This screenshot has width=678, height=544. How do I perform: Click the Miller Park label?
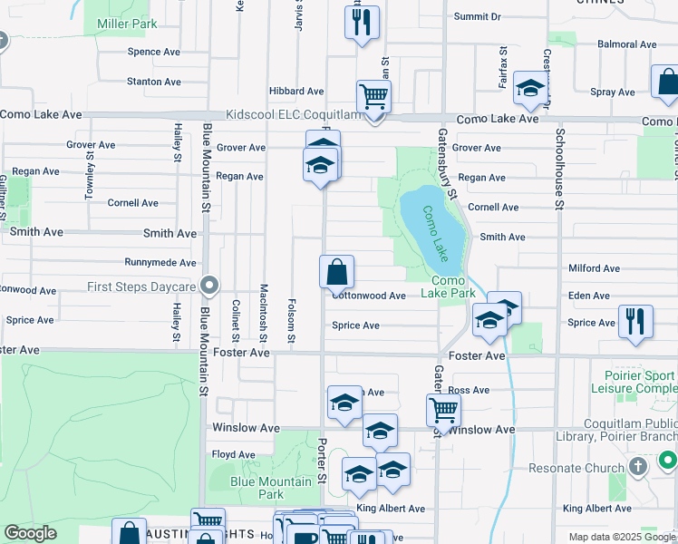coord(131,24)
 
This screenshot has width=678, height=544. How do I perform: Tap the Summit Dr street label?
coord(478,16)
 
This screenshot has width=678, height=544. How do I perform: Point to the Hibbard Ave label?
coord(295,92)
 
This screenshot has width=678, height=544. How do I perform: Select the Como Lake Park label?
coord(452,287)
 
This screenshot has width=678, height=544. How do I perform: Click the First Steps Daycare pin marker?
coord(210,287)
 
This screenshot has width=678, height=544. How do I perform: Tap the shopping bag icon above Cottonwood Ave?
coord(336,271)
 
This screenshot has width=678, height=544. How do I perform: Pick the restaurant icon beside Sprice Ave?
coord(633,321)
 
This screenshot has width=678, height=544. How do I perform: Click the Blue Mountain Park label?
coord(258,488)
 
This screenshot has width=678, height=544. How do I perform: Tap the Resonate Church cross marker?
coord(637,467)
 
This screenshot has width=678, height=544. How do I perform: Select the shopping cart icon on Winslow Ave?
coord(443,410)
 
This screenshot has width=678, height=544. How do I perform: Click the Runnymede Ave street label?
coord(160,263)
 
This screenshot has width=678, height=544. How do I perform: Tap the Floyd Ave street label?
coord(234,454)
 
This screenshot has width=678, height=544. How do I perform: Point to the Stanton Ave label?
coord(154,82)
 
